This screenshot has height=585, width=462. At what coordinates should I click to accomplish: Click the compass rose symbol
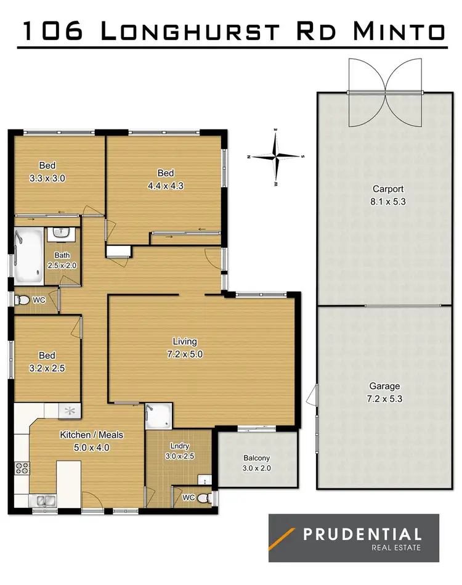point(276,157)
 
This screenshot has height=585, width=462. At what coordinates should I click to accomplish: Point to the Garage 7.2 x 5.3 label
point(384,392)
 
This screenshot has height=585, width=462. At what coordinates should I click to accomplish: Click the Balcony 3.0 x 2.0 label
point(257,463)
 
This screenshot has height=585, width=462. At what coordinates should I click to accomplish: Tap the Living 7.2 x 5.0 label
point(185,348)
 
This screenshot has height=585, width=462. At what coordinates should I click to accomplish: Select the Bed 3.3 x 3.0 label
point(47,171)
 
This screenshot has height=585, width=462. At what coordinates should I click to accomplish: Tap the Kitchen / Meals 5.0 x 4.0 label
point(91,441)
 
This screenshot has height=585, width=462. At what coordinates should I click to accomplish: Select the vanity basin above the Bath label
point(62,233)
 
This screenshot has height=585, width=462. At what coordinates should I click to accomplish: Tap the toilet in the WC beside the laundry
point(208,497)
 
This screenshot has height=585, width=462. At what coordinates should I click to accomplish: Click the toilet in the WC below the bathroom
point(24,300)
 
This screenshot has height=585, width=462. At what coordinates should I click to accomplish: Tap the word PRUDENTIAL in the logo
point(362,534)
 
